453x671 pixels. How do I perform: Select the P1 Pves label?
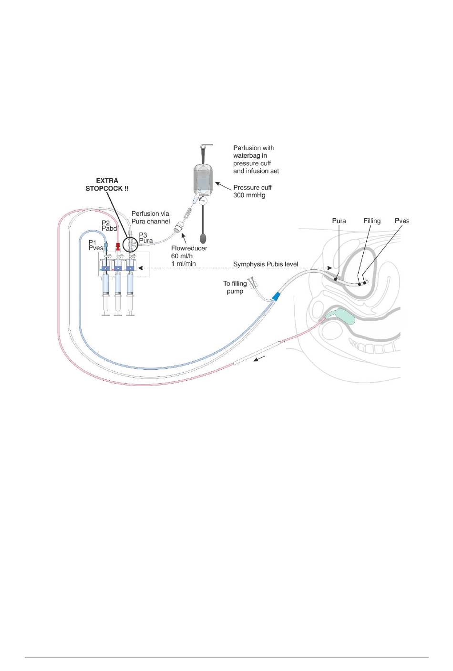coord(96,244)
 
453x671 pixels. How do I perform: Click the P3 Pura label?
coord(145,238)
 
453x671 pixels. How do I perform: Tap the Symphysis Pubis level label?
coord(266,264)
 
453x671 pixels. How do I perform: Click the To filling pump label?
coord(235,287)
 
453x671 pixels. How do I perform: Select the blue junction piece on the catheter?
coord(275,296)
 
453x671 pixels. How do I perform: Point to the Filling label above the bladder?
coord(372,221)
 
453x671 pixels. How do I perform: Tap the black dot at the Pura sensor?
coord(335,279)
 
